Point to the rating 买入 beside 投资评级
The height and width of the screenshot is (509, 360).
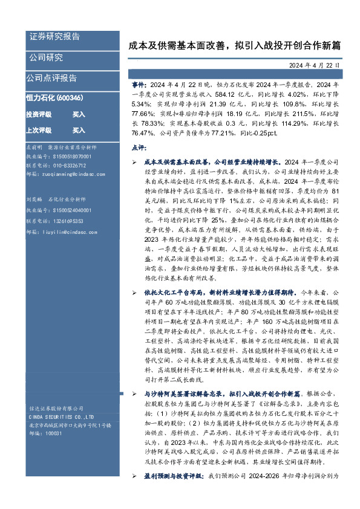pos(79,114)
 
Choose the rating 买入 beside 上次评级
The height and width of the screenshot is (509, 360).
pos(79,130)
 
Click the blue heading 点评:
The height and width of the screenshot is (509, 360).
pos(139,148)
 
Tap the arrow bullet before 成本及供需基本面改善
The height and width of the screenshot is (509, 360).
pos(135,163)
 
